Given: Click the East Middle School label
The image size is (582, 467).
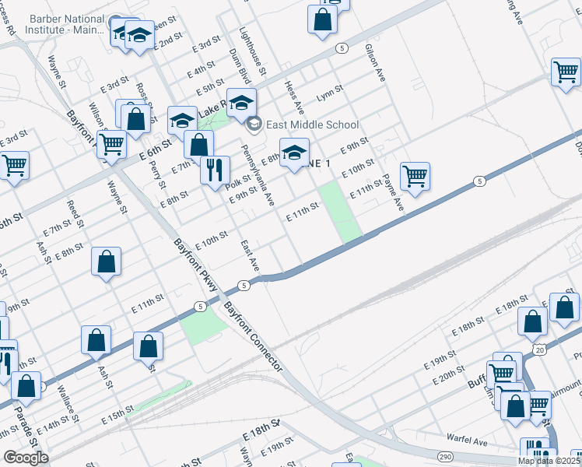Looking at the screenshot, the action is [x=312, y=125].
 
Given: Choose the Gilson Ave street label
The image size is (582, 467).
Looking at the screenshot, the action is [x=375, y=63].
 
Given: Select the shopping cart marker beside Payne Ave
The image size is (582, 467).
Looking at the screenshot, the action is [x=415, y=176].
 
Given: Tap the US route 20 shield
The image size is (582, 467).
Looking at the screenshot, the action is [x=539, y=353].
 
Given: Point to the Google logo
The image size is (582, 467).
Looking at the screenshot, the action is [x=26, y=458].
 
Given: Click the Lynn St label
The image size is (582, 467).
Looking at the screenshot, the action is [x=329, y=95].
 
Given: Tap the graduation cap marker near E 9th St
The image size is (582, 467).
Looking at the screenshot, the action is [x=294, y=153].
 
